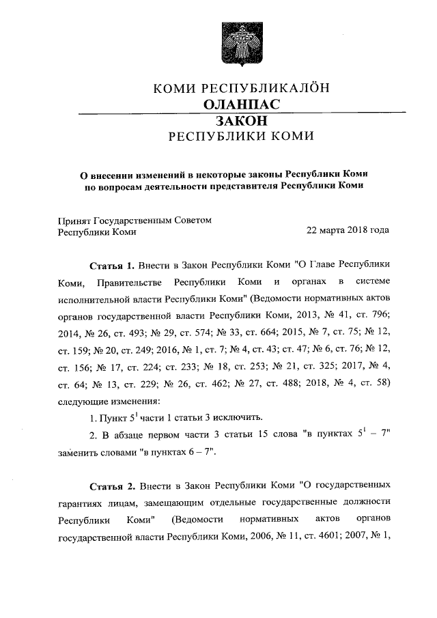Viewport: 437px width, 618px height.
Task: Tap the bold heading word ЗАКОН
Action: [241, 120]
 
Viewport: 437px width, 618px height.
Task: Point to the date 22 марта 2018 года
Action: [348, 231]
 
